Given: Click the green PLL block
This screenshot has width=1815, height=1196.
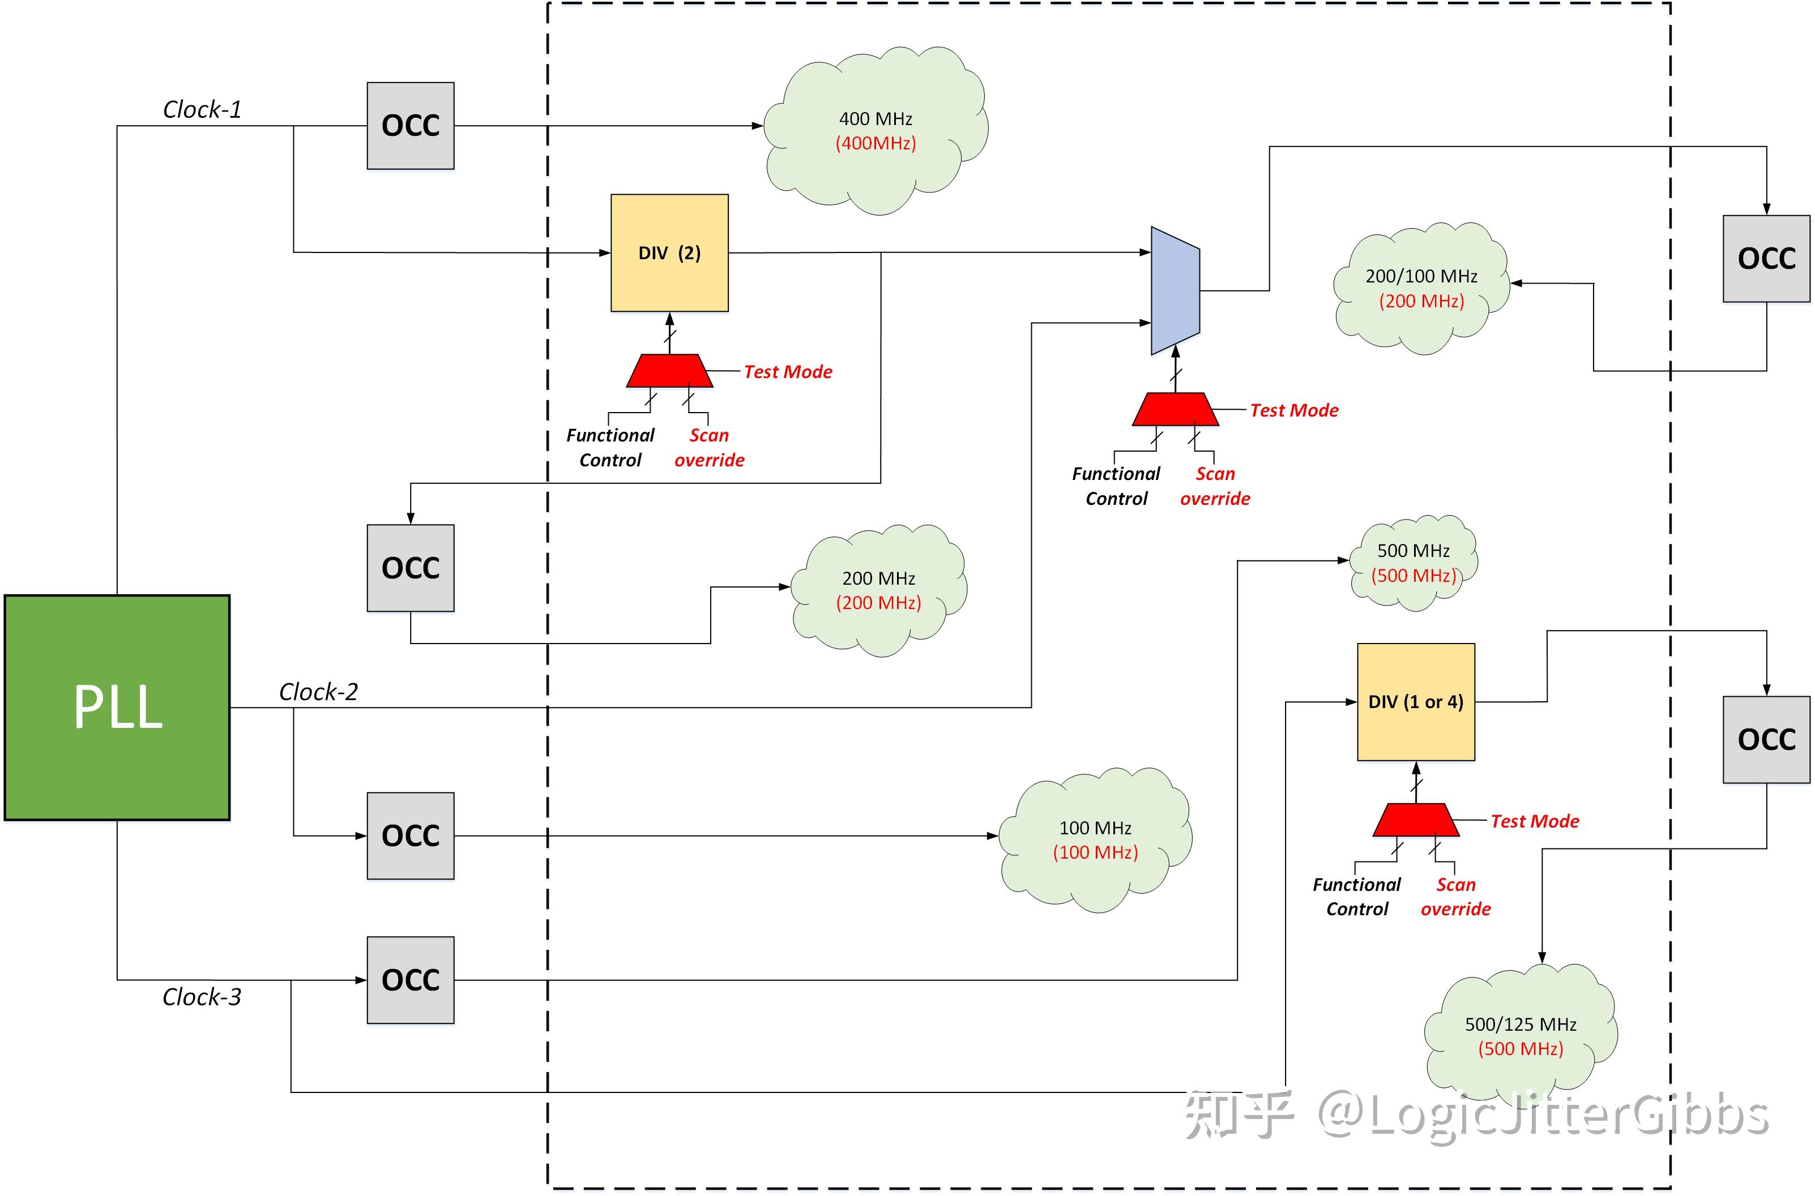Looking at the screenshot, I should coord(117,707).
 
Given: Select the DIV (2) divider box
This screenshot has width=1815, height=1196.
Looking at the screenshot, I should coord(669,252).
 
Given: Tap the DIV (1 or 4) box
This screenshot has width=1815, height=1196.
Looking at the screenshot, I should coord(1415,702).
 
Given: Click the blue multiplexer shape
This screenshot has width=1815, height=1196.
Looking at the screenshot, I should coord(1175,290).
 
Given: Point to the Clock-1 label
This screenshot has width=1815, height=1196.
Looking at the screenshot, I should coord(202,110).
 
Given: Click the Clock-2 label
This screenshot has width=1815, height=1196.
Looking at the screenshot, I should coord(318,692).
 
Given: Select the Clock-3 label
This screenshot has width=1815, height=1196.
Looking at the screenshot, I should coord(202,997).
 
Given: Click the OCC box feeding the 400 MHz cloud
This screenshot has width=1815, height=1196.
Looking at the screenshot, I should coord(411,126).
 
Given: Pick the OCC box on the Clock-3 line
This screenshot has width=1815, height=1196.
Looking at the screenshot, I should coord(411,980).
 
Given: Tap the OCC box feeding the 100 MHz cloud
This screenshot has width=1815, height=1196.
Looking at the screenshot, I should coord(411,836).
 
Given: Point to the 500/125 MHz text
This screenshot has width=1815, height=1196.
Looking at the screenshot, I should coord(1520,1024).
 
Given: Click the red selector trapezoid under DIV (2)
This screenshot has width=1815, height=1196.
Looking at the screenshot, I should coord(669,371).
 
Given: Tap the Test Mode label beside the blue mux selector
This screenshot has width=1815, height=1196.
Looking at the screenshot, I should coord(1294,410).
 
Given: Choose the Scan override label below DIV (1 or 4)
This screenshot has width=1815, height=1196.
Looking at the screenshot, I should coord(1455,897).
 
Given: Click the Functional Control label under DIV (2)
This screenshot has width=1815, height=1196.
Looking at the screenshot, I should coord(610,448).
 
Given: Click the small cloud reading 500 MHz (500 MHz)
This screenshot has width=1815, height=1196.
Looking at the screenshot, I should coord(1413,563).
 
